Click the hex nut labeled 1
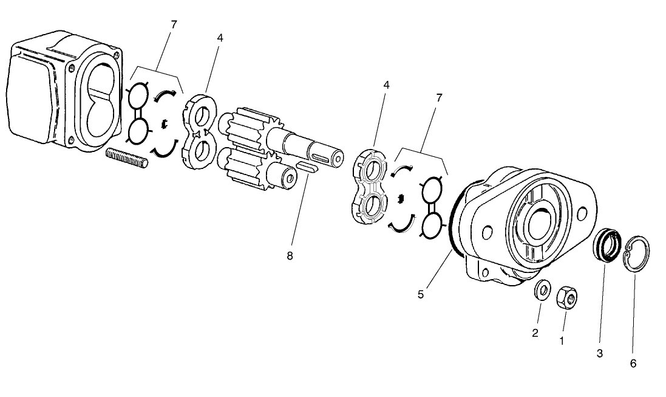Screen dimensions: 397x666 [567, 297]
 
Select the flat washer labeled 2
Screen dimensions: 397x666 [542, 290]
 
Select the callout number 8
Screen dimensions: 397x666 [290, 256]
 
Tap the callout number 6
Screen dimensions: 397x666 [633, 364]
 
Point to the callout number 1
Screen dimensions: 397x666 [561, 341]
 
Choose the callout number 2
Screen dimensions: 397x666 [535, 333]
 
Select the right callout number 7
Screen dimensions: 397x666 [439, 97]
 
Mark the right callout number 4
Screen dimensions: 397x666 [386, 85]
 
